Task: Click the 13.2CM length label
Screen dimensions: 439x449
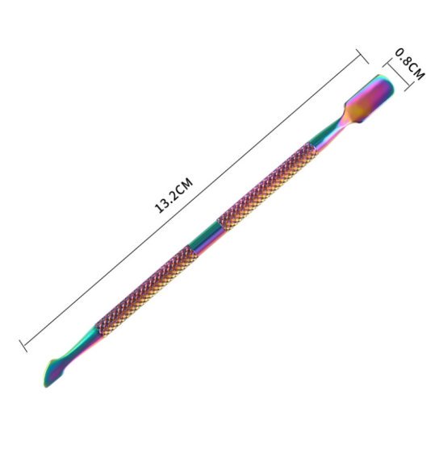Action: [174, 195]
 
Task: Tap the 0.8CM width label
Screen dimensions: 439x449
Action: [410, 64]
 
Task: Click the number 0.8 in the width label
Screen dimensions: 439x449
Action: [403, 56]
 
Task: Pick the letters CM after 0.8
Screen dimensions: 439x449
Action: [417, 72]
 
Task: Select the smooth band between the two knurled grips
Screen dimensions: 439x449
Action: [205, 239]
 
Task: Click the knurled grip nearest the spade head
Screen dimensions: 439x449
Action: [268, 186]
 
